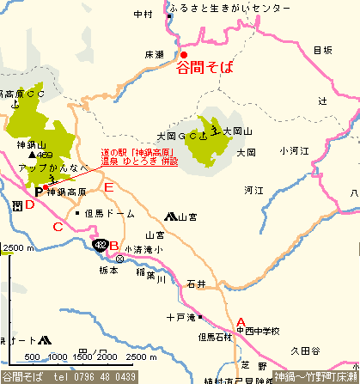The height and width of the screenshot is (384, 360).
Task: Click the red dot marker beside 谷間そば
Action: pos(183,54)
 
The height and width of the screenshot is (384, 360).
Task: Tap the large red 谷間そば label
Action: pos(204,67)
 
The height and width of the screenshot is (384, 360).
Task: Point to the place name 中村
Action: pos(143,14)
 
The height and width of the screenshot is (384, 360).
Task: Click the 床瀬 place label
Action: pos(155,54)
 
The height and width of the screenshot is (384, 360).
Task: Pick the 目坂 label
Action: pos(322,51)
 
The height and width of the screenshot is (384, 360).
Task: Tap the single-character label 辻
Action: pos(322,101)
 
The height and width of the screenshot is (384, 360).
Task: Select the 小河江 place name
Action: pos(294,151)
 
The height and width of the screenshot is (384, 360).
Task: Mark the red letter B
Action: pos(114,247)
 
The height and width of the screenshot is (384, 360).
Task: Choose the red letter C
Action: pos(58,227)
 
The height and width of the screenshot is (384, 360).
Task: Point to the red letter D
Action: pos(29,204)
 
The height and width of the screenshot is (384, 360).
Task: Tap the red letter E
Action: pos(107,186)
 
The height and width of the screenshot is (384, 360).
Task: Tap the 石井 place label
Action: pos(197,283)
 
